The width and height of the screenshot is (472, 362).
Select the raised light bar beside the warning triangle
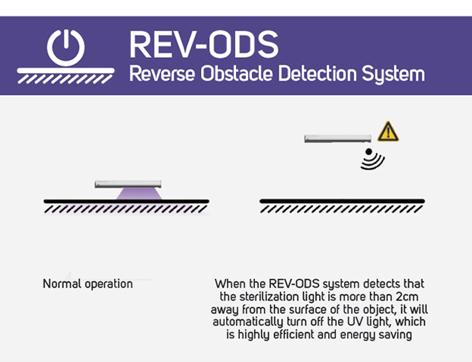point(337,138)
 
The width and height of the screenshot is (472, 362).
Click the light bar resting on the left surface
point(127,184)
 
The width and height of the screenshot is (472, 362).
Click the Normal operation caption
point(88,284)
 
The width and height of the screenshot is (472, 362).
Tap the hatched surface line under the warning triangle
point(342,205)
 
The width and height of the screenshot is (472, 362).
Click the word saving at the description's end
point(396,335)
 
